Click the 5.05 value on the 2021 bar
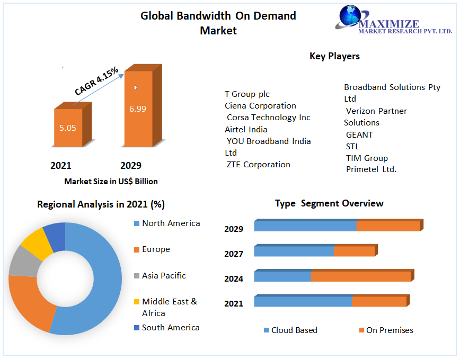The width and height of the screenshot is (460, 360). [68, 128]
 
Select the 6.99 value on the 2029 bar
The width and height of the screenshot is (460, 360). [137, 109]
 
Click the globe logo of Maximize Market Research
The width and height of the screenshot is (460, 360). [349, 16]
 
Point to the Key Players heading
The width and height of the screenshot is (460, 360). [334, 56]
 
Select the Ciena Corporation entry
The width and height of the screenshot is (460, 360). [260, 106]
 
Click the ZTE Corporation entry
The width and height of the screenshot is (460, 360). [259, 165]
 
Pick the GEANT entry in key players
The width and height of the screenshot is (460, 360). [359, 135]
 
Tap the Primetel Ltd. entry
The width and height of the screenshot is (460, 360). [371, 169]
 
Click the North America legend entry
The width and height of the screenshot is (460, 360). [171, 223]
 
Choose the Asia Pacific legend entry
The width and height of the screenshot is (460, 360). [163, 276]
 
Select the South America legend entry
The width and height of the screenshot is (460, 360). [170, 328]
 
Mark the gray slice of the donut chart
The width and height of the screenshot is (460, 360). [23, 262]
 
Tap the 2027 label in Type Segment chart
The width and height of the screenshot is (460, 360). [234, 254]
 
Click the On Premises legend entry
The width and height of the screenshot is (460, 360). [389, 330]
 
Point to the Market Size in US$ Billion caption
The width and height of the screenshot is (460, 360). [111, 182]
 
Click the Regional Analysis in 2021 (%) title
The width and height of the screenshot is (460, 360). [101, 204]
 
